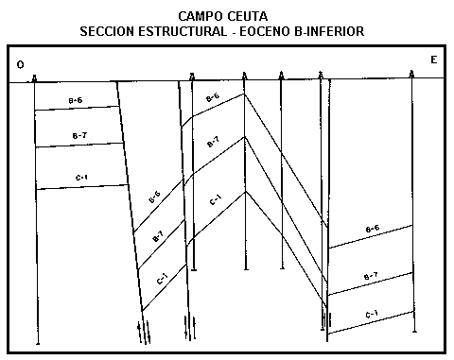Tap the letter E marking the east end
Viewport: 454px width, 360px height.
click(x=433, y=60)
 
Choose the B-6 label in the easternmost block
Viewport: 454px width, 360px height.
click(x=372, y=229)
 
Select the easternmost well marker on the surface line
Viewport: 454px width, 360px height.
click(x=412, y=74)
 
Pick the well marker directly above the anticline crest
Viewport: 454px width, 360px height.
click(x=245, y=75)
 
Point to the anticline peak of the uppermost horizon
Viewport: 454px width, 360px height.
click(x=245, y=93)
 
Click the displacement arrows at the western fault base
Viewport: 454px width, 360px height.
click(x=143, y=331)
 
